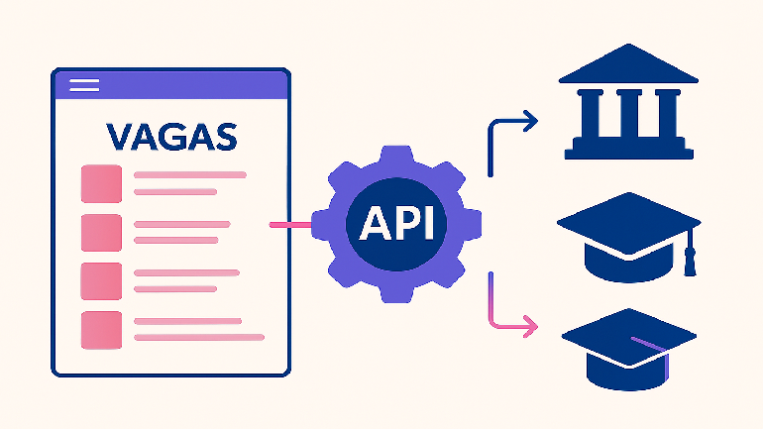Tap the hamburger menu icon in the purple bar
(85, 85)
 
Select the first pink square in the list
(101, 183)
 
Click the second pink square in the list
(101, 232)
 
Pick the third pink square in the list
(101, 280)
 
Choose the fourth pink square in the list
(101, 329)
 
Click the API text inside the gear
(396, 225)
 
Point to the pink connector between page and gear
(290, 225)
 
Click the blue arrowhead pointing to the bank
(531, 122)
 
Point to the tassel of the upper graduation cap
(692, 260)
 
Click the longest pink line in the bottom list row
(198, 338)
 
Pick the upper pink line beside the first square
(189, 175)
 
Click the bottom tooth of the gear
(396, 294)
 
